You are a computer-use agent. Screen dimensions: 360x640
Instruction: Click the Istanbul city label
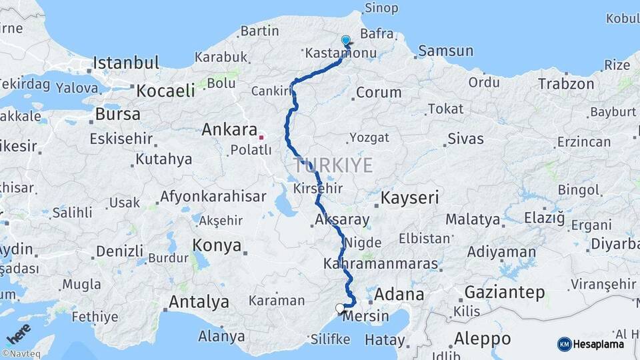[126, 63]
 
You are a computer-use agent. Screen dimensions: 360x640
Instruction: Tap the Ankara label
[229, 129]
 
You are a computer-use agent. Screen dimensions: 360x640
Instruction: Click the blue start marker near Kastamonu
[345, 41]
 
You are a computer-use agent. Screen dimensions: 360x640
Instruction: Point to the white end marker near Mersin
[341, 308]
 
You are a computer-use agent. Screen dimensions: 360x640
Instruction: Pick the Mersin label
[364, 317]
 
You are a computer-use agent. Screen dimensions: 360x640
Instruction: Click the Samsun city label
[446, 51]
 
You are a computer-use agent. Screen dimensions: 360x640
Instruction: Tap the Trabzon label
[566, 84]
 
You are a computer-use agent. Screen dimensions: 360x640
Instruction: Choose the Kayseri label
[410, 197]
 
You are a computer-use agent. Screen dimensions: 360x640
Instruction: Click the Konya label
[217, 245]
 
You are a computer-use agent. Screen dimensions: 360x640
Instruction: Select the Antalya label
[199, 302]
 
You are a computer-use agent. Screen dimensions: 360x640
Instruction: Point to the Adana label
[399, 294]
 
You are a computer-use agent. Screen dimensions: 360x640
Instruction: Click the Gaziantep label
[505, 292]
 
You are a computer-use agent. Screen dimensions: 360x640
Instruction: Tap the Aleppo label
[482, 338]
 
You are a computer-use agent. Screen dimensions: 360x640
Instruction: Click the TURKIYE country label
[333, 165]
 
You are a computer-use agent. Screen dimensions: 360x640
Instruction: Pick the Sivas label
[465, 139]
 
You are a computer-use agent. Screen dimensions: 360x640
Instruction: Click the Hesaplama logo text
[599, 344]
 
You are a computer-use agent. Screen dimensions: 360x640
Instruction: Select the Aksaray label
[343, 219]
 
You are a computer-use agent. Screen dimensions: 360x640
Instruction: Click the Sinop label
[382, 8]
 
